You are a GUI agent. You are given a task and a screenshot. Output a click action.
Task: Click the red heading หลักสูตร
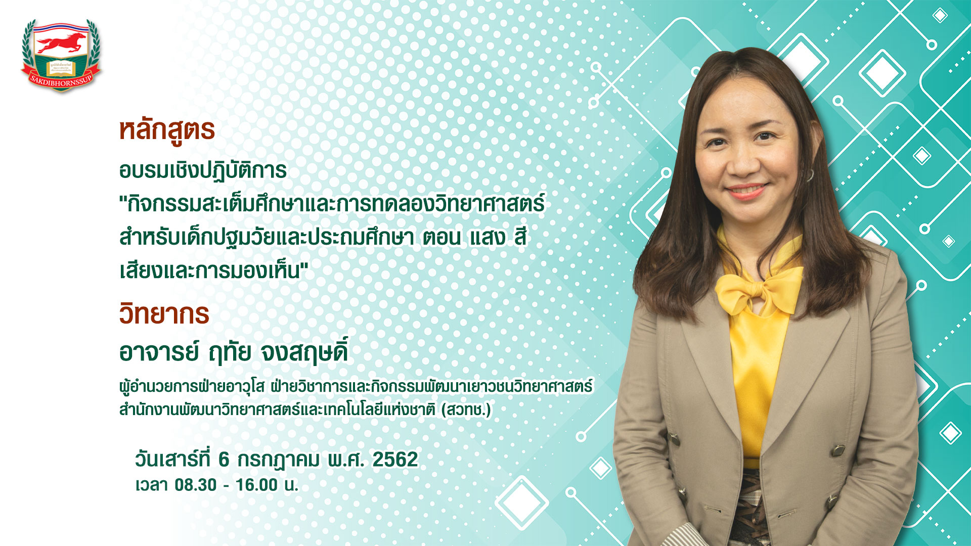click(167, 130)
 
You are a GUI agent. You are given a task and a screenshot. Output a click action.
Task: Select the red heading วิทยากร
click(164, 313)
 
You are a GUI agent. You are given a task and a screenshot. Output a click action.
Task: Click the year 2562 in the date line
click(395, 460)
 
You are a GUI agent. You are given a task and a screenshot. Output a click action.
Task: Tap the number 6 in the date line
click(224, 460)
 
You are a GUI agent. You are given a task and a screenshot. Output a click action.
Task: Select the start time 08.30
click(196, 485)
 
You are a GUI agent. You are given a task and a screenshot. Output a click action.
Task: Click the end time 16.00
click(257, 485)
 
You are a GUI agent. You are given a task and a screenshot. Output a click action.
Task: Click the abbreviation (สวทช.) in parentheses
click(466, 409)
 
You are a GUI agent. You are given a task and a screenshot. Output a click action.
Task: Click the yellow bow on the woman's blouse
click(759, 289)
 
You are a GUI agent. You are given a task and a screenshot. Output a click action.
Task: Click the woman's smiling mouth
click(746, 191)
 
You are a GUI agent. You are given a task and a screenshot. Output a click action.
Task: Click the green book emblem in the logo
click(61, 68)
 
